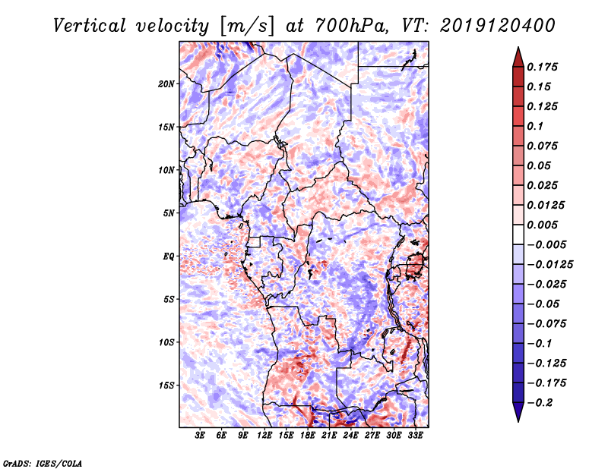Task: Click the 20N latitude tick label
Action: [x=167, y=83]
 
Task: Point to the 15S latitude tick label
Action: [x=167, y=386]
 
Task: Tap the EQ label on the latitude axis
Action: [x=169, y=257]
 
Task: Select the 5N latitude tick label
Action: [x=169, y=213]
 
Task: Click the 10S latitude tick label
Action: [x=167, y=342]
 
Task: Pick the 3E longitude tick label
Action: [x=201, y=436]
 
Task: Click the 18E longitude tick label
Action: [x=308, y=436]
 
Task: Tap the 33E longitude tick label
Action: [x=415, y=436]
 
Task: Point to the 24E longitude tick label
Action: [x=350, y=436]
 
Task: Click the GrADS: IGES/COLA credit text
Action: [x=43, y=462]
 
